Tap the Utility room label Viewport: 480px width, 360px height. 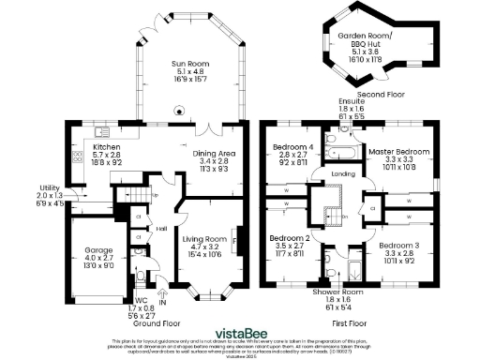click(49, 187)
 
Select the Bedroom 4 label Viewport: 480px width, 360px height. click(292, 147)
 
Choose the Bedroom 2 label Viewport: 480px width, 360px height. click(291, 239)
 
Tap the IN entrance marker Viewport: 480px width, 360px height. click(162, 303)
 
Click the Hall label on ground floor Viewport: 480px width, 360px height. click(162, 228)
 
